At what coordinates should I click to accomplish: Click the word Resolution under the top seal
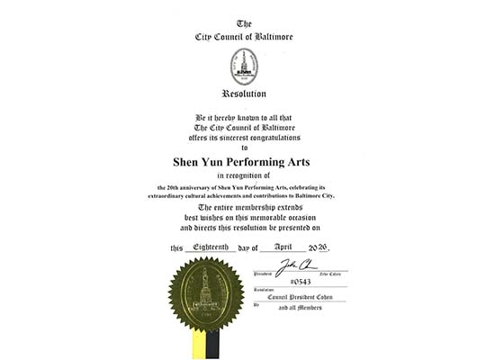click(x=244, y=94)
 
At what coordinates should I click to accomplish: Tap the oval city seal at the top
click(x=245, y=66)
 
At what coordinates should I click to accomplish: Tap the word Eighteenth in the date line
click(x=208, y=247)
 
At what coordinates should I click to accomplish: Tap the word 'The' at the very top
click(x=244, y=23)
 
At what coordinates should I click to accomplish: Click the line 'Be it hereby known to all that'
click(x=244, y=118)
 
